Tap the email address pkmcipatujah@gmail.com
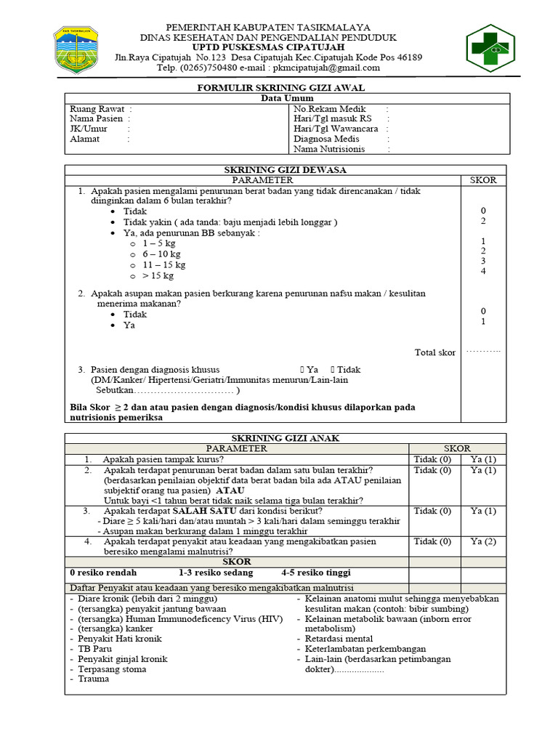point(326,68)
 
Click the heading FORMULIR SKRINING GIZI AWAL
point(281,88)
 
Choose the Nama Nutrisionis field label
point(329,149)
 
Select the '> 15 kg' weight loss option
point(158,276)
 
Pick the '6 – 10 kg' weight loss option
point(161,255)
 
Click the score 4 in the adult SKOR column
point(482,272)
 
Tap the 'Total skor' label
point(435,352)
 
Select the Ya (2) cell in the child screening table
point(482,541)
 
